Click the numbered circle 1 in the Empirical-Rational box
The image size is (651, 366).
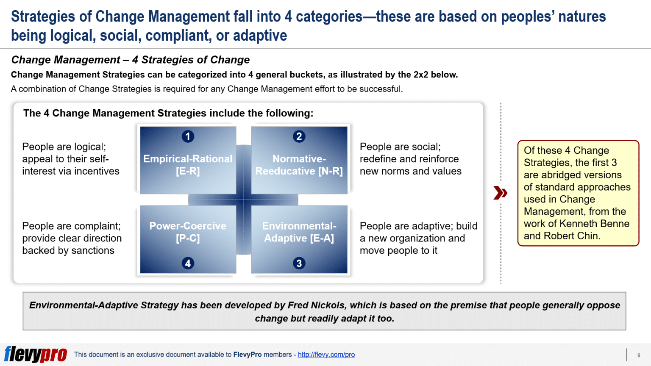coord(188,136)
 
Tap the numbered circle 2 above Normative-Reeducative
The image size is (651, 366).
coord(299,136)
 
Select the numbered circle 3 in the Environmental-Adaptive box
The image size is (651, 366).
coord(299,263)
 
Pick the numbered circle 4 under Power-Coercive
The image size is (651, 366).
coord(188,263)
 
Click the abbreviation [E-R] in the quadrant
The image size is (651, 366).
coord(188,171)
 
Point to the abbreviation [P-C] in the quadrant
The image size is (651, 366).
coord(188,238)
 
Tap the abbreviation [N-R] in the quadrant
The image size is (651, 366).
coord(331,171)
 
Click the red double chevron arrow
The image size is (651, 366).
coord(500,193)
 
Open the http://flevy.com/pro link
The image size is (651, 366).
coord(326,355)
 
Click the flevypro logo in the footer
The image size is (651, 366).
coord(36,354)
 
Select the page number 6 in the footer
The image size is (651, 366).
coord(639,355)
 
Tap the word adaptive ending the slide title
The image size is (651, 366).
coord(260,36)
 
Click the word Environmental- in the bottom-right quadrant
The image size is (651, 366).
coord(299,226)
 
